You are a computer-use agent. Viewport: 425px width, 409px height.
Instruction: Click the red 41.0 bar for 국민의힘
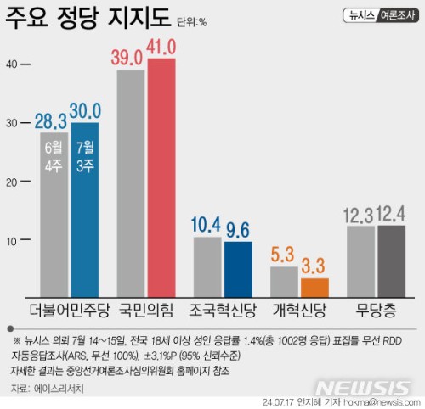pyautogui.click(x=161, y=178)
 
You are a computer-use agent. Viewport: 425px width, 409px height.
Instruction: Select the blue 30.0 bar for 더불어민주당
pyautogui.click(x=85, y=210)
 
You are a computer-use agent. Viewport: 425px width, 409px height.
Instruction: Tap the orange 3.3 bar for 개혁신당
pyautogui.click(x=314, y=288)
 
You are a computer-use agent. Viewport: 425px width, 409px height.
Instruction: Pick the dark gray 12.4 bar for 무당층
pyautogui.click(x=392, y=261)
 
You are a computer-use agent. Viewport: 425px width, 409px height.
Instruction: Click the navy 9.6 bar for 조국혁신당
pyautogui.click(x=238, y=270)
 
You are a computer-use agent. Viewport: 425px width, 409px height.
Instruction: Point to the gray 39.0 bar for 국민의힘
pyautogui.click(x=131, y=184)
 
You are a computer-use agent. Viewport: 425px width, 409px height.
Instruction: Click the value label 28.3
pyautogui.click(x=51, y=121)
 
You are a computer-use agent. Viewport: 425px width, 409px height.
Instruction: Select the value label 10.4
pyautogui.click(x=206, y=225)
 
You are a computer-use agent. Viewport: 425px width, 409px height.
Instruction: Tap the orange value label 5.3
pyautogui.click(x=282, y=255)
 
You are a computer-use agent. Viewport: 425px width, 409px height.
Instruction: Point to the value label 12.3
pyautogui.click(x=359, y=216)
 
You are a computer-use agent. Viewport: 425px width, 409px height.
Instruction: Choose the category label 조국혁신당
pyautogui.click(x=223, y=311)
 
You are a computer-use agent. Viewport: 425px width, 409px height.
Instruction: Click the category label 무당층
pyautogui.click(x=376, y=311)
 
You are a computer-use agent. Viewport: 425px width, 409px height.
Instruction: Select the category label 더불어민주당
pyautogui.click(x=70, y=311)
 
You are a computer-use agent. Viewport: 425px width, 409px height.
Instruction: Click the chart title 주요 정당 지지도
pyautogui.click(x=88, y=18)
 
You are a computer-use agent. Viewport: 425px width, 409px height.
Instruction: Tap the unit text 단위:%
pyautogui.click(x=192, y=22)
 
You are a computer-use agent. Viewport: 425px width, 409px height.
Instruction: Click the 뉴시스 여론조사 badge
pyautogui.click(x=381, y=15)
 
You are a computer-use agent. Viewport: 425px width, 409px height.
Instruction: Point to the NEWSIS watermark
pyautogui.click(x=364, y=389)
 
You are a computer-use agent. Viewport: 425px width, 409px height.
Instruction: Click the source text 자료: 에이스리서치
pyautogui.click(x=47, y=389)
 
